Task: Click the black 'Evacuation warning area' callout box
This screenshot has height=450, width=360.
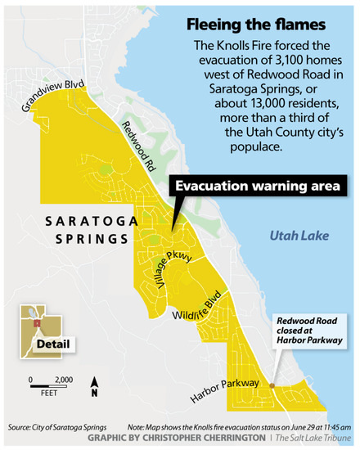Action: click(256, 187)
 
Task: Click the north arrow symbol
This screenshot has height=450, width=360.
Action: click(96, 385)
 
